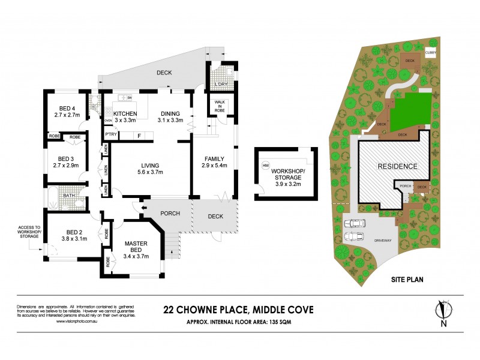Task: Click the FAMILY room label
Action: [x=214, y=159]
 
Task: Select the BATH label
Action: [x=69, y=195]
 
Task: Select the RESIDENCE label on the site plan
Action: [x=397, y=166]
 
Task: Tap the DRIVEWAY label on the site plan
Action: [x=382, y=239]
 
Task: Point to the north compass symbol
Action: [x=443, y=310]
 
